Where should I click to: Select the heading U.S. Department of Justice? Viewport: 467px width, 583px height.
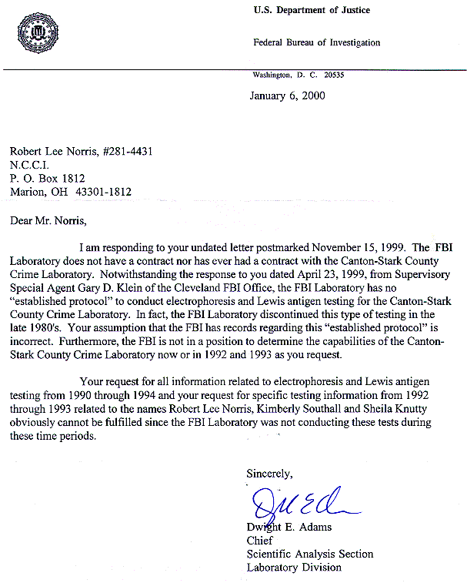(x=311, y=10)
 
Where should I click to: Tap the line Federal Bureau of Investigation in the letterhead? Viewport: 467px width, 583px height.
(x=315, y=42)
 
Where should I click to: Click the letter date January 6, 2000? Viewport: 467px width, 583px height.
(x=287, y=96)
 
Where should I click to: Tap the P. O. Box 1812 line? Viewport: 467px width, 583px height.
(x=46, y=178)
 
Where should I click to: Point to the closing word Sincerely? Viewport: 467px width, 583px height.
(x=269, y=472)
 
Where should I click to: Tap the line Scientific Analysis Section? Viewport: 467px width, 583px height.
(x=309, y=554)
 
